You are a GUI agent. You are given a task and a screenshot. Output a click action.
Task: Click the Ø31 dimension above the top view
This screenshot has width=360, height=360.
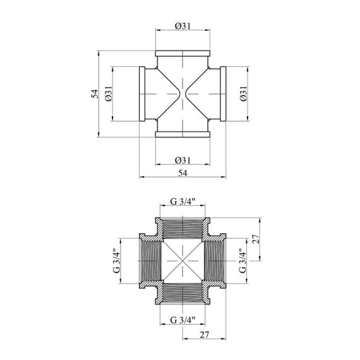pyautogui.click(x=183, y=26)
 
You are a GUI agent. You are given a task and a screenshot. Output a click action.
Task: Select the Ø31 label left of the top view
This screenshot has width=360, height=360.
pyautogui.click(x=108, y=93)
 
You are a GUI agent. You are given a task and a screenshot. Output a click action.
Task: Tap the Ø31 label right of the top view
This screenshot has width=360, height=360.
pyautogui.click(x=243, y=93)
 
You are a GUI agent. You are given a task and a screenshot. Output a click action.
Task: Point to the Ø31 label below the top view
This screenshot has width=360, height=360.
pyautogui.click(x=183, y=160)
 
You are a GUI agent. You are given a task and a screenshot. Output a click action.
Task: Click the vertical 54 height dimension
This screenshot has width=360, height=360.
pyautogui.click(x=95, y=93)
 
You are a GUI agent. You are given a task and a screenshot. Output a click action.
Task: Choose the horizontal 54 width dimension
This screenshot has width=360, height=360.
pyautogui.click(x=183, y=173)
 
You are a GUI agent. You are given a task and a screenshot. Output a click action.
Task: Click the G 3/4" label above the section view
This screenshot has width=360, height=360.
pyautogui.click(x=183, y=201)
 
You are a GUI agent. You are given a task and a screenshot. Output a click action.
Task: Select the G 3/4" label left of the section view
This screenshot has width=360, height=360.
pyautogui.click(x=117, y=261)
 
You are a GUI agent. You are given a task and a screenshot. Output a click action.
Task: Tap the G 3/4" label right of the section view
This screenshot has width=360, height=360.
pyautogui.click(x=243, y=261)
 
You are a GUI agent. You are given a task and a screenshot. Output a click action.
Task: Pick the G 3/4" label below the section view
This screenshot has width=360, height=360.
pyautogui.click(x=183, y=320)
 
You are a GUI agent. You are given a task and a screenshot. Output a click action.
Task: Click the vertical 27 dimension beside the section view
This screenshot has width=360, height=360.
pyautogui.click(x=256, y=239)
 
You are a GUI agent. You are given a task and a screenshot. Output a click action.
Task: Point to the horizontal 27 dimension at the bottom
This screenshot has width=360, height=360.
pyautogui.click(x=205, y=335)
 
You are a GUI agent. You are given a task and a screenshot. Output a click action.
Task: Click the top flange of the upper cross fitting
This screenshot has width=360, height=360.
pyautogui.click(x=183, y=54)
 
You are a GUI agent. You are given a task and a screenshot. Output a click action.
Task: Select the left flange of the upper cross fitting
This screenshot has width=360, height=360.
pyautogui.click(x=142, y=94)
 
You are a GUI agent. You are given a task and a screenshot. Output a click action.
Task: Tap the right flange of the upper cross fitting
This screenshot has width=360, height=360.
pyautogui.click(x=223, y=94)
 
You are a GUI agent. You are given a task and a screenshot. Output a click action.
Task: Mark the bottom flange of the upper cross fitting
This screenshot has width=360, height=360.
pyautogui.click(x=183, y=135)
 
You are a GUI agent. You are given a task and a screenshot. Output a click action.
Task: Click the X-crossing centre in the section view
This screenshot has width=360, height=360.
pyautogui.click(x=183, y=261)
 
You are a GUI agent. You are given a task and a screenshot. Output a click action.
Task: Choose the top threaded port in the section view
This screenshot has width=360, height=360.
pyautogui.click(x=183, y=228)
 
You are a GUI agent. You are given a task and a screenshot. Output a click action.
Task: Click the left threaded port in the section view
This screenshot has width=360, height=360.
pyautogui.click(x=150, y=261)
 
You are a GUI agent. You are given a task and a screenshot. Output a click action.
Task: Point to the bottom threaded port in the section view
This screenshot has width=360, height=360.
pyautogui.click(x=183, y=294)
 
